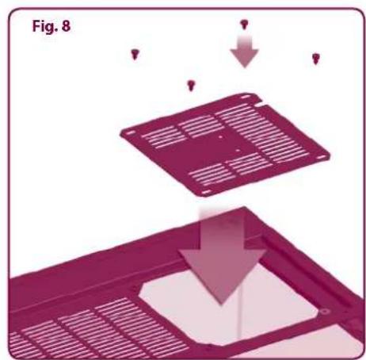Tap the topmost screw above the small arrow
click(x=243, y=25)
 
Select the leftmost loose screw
click(x=135, y=54)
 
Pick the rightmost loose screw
click(x=315, y=57)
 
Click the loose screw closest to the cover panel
click(x=190, y=84)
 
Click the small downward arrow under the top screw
click(x=244, y=54)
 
